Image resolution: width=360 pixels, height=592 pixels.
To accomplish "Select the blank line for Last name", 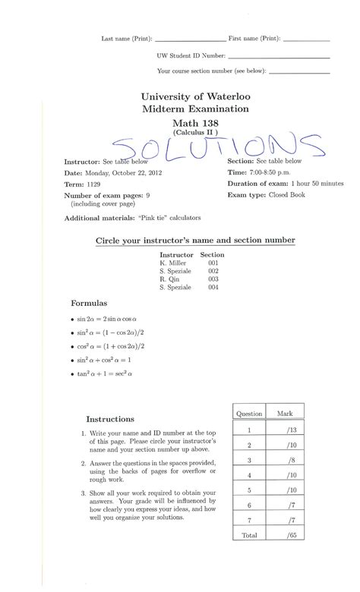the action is [x=190, y=39].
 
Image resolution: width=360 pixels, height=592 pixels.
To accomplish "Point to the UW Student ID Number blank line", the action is [x=278, y=56].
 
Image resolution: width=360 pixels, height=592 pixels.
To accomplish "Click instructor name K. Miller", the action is [x=172, y=263].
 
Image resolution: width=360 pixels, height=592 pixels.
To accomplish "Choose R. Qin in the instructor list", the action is [x=170, y=279].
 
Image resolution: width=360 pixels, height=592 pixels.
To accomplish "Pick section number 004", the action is [x=213, y=288].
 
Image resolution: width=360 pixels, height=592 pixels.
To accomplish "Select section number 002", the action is [x=213, y=271].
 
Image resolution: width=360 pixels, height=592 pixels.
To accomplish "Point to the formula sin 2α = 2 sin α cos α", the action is [x=111, y=320].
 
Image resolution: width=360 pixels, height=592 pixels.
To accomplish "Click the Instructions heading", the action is [x=110, y=418].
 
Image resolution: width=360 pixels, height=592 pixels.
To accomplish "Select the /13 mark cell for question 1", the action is [x=290, y=430].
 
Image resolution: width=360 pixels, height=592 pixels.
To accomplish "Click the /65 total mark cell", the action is [x=290, y=535].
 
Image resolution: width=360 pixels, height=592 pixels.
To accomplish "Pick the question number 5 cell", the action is [x=249, y=490].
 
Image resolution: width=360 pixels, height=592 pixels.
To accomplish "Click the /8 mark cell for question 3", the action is [x=290, y=460].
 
